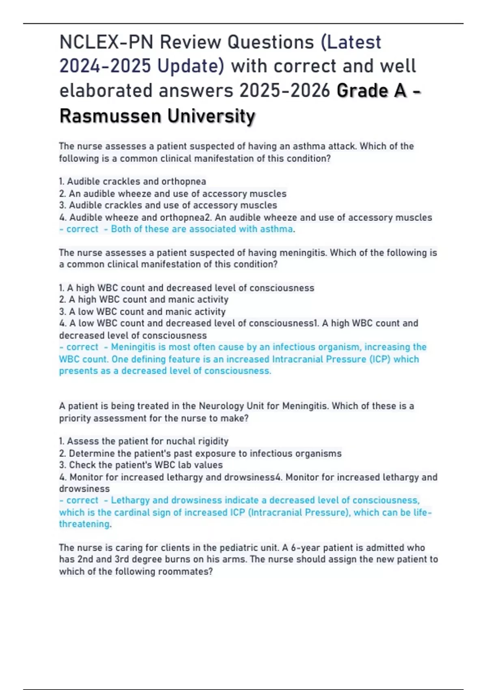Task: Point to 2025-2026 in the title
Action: (x=284, y=91)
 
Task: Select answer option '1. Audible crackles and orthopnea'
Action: (x=133, y=181)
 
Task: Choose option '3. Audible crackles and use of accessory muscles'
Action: (x=168, y=205)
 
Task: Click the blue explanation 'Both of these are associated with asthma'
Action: (x=202, y=229)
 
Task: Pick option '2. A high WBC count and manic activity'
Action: (x=144, y=300)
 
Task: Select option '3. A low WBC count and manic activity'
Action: (x=142, y=312)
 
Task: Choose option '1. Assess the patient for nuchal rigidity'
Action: (x=144, y=441)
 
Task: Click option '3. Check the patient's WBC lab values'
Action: (x=141, y=465)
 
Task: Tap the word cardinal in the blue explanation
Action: (x=132, y=512)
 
